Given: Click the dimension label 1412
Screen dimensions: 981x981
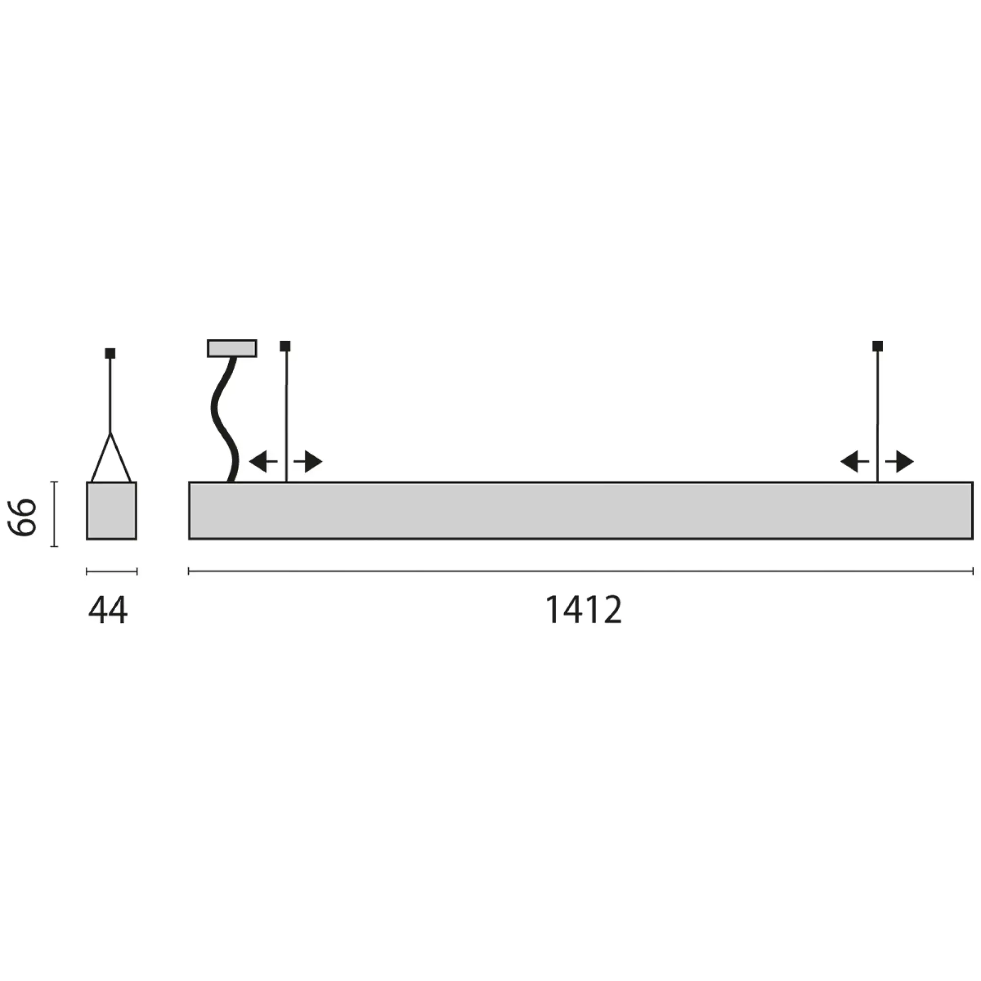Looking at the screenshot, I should click(583, 610).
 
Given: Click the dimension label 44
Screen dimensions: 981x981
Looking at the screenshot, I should click(108, 611).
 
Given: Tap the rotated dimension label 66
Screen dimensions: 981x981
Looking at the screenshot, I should click(23, 517).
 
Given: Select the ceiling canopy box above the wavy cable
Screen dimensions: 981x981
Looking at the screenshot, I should click(232, 348).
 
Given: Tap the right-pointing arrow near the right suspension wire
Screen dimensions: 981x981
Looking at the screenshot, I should click(900, 462).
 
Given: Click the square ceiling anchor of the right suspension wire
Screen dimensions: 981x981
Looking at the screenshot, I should click(878, 346).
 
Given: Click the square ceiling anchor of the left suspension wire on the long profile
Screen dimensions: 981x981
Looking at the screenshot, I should click(285, 346).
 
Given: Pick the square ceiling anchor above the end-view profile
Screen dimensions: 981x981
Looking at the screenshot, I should click(110, 353).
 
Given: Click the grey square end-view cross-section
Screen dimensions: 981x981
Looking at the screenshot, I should click(111, 510).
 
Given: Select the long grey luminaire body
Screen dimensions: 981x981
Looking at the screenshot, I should click(580, 510).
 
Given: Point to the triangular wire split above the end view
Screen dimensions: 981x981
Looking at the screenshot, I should click(111, 457).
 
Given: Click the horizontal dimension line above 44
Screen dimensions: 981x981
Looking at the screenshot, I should click(111, 572).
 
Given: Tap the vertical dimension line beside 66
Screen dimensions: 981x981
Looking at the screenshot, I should click(54, 514).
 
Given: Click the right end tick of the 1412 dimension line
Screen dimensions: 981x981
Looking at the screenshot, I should click(972, 572).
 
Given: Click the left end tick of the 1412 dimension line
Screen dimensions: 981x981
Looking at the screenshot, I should click(189, 572).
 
